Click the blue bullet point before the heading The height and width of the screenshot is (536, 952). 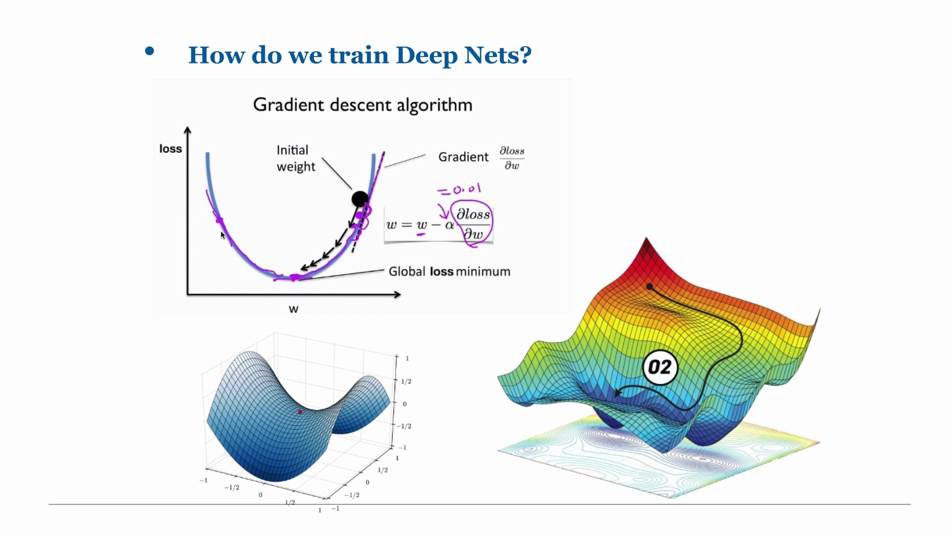coord(149,51)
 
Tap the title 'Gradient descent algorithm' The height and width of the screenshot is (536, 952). coord(362,105)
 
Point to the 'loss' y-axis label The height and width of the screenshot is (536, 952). coord(171,149)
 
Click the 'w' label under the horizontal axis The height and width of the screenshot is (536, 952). coord(294,309)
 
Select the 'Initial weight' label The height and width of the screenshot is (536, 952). coord(296,158)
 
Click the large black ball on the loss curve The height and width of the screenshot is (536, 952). coord(360,199)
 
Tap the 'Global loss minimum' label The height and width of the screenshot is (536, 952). coord(449,271)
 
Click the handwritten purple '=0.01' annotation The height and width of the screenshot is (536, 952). coord(459,189)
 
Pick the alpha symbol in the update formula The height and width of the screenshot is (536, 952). coord(449,225)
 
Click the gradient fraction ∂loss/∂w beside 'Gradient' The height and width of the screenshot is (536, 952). coord(512,158)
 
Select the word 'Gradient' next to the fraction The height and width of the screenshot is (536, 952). coord(463,157)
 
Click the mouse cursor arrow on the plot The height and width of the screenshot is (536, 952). coord(223,235)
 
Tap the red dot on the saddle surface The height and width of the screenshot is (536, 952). coord(300,412)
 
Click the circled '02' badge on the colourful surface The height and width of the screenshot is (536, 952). coord(659,367)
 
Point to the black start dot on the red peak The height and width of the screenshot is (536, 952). coord(650,286)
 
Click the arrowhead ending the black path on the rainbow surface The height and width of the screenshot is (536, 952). coord(617,394)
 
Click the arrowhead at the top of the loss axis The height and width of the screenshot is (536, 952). coord(187,130)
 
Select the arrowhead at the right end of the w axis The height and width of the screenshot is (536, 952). coord(397,294)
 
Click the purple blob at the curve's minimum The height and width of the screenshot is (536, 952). coord(295,277)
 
